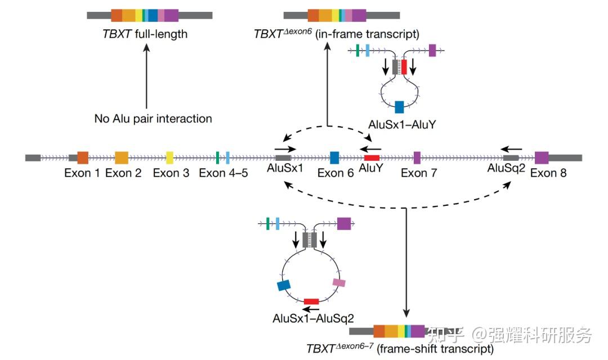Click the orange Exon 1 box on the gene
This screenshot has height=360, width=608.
[x=83, y=157]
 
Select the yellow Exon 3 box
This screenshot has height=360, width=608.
[x=169, y=157]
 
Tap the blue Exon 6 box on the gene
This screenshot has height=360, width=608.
[x=334, y=157]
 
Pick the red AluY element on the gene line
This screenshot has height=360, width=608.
[x=372, y=158]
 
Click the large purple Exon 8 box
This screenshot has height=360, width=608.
[x=542, y=157]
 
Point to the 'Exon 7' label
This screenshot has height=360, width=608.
[x=419, y=173]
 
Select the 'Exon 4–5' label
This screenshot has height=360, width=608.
[x=223, y=173]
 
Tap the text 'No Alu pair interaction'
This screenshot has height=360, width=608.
[x=153, y=119]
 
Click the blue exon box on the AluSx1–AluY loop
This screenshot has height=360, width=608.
[x=399, y=107]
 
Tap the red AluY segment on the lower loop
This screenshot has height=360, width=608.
[x=311, y=301]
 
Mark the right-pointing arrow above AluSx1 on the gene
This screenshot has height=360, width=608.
[x=285, y=149]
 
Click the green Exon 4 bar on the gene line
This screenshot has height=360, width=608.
[x=217, y=157]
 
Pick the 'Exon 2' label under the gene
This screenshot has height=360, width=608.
[x=123, y=173]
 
